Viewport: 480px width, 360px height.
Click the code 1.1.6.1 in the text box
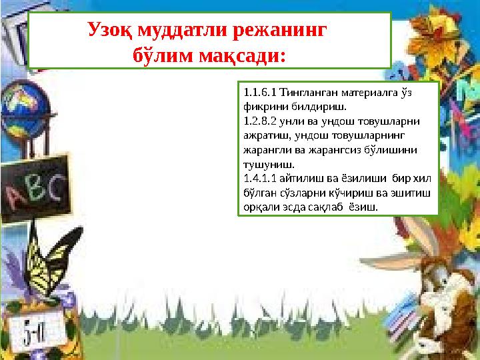[260, 93]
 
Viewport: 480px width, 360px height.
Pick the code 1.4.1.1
[260, 178]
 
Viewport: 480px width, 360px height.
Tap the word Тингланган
[310, 93]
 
